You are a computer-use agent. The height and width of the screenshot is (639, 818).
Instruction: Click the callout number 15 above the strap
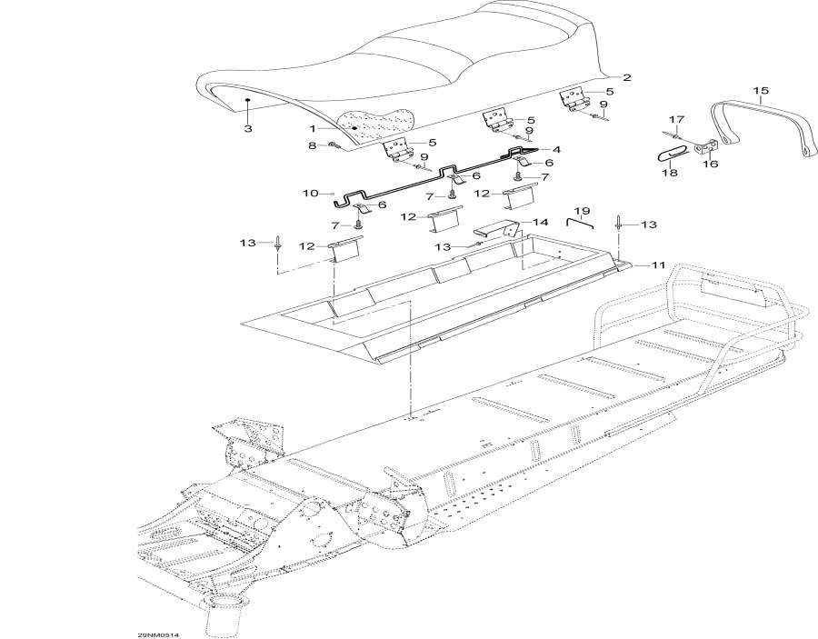coord(761,90)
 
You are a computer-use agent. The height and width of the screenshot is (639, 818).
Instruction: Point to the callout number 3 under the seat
coord(248,129)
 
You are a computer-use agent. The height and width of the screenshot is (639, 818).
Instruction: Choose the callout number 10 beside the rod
coord(310,194)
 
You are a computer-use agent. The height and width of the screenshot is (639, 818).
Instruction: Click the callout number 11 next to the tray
coord(656,264)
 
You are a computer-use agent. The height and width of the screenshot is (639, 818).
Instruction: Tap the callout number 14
coord(540,222)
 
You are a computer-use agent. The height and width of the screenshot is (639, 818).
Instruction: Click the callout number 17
coord(701,120)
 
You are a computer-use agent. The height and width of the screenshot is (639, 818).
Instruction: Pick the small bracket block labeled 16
coord(708,147)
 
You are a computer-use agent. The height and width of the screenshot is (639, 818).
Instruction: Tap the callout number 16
coord(708,165)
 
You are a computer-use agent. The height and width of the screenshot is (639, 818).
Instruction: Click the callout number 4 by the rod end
coord(555,149)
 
